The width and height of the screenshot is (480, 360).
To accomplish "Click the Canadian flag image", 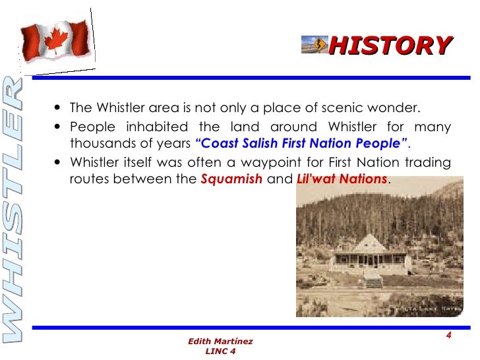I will point(56,38).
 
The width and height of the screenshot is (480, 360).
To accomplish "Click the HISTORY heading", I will point(390,45).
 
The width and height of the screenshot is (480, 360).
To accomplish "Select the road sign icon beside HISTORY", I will point(315,44).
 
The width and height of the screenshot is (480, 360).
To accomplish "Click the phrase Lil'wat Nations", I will point(343,179).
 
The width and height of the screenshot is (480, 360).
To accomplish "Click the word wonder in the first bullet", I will point(398,108).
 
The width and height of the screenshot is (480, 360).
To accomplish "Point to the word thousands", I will point(100,143).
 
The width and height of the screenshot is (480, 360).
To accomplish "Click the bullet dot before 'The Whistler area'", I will point(60,109).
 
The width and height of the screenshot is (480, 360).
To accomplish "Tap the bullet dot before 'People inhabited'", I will point(60,127).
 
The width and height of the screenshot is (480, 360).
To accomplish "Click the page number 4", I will point(448,336).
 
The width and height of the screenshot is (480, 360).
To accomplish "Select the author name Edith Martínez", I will point(220,341).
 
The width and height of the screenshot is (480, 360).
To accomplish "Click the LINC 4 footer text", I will point(220,351).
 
